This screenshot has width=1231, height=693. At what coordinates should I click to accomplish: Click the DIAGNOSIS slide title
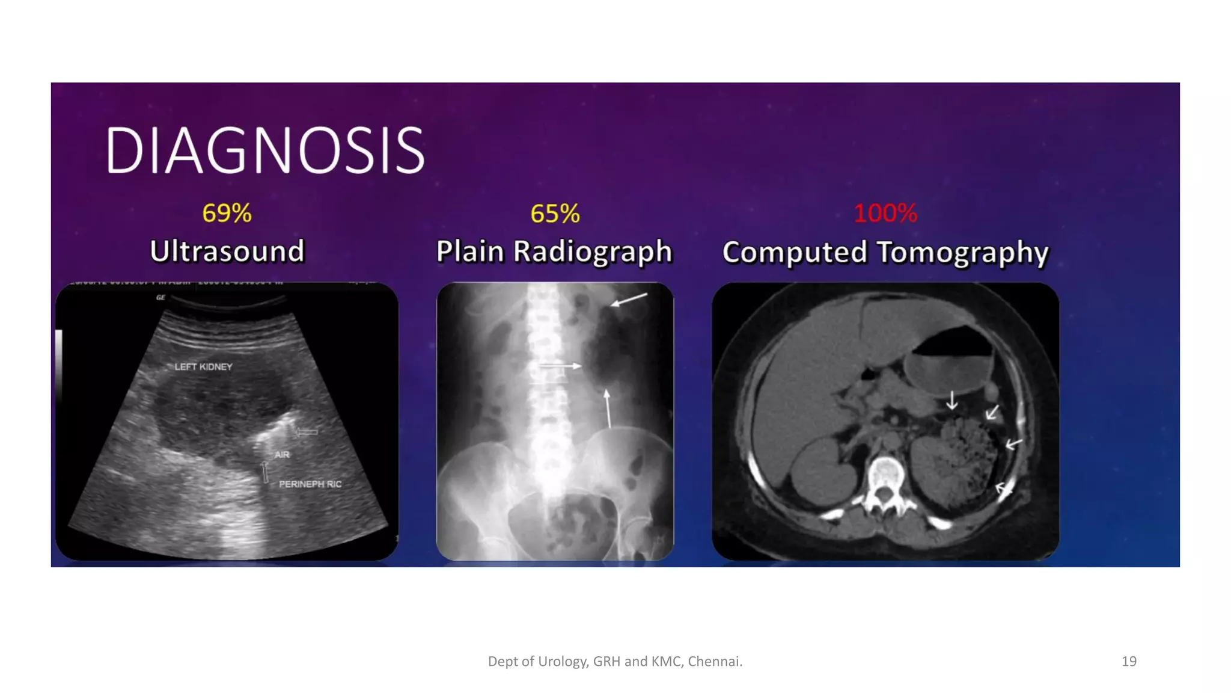coord(265,150)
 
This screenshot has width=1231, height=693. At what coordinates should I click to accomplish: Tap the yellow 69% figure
coord(227,213)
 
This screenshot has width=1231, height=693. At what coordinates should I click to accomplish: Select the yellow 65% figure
coord(555,214)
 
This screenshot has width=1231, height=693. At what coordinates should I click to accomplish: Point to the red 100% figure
coord(885,213)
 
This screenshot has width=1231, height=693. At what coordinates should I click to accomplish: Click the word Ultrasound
coord(227,251)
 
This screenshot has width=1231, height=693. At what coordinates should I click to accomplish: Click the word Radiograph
coord(592,251)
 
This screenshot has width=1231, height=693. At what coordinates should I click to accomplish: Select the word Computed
coord(795,252)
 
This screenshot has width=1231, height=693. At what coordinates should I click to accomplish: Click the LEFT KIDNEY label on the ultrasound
coord(203,366)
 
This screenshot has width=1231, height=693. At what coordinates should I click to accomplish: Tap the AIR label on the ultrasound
coord(282,455)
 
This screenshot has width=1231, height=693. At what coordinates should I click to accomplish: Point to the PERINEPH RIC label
coord(310,484)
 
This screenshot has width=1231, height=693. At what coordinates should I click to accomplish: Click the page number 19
coord(1129,661)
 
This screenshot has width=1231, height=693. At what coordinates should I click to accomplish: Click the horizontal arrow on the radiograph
coord(560,366)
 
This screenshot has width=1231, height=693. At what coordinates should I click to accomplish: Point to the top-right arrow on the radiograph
coord(629,300)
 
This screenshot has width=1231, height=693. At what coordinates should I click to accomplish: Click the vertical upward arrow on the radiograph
coord(608,408)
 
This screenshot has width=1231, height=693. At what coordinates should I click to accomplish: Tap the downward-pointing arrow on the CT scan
coord(952,401)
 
